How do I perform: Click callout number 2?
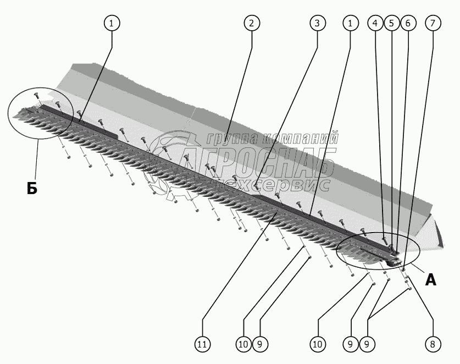251,23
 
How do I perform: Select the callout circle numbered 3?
317,23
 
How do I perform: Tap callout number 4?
375,23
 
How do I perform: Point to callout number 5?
391,23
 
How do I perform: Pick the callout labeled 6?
408,23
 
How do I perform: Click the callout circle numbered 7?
433,23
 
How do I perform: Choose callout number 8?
433,344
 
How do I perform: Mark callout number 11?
202,344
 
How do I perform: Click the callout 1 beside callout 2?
112,23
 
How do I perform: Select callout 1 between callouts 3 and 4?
350,23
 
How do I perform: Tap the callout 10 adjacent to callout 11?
243,344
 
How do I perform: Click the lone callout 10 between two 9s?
317,344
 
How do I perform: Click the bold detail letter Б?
32,189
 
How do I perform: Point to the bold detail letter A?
430,280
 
